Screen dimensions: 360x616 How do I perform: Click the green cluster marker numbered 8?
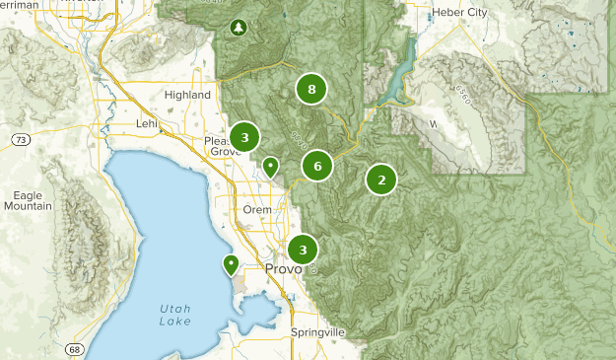coord(311,91)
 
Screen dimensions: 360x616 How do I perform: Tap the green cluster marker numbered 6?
coord(317,166)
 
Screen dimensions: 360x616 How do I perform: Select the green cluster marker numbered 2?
coord(381,180)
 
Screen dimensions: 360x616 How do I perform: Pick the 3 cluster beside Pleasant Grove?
coord(244,136)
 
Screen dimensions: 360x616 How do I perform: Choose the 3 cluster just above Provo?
coord(303,250)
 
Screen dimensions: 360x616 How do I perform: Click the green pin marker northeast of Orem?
coord(270,167)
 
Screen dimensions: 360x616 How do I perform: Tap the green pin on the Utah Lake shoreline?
coord(231,263)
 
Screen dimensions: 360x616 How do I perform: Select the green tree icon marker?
coord(238,27)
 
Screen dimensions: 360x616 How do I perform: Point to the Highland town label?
coord(188,95)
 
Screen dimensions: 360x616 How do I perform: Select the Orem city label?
coord(256,209)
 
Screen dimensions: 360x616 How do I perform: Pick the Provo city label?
coord(283,269)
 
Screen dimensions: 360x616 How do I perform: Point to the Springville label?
coord(317,332)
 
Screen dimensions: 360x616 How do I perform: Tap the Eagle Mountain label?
coord(28,200)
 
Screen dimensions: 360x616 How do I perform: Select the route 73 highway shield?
coord(21,140)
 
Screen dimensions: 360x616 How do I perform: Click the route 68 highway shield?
coord(75,350)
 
